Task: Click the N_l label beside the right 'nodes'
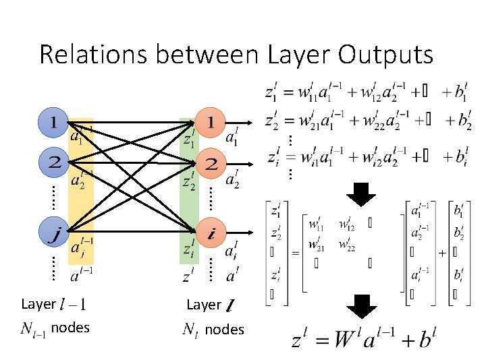point(191,330)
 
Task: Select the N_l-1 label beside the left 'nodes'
point(33,328)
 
